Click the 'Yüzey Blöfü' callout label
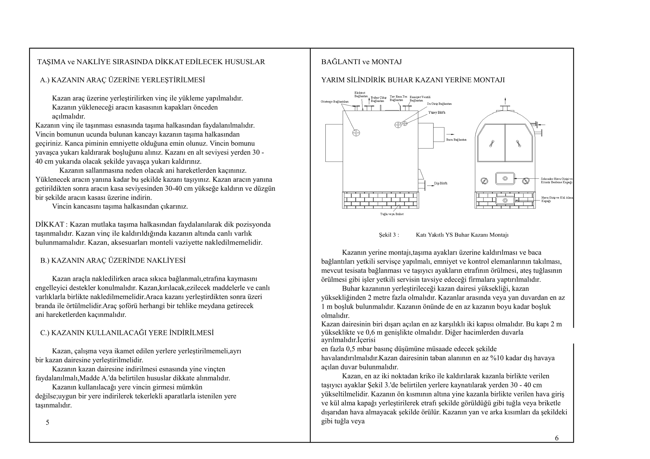(x=437, y=112)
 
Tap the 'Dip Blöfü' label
(x=441, y=183)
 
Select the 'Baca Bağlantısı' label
(x=456, y=140)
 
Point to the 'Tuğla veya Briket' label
(x=392, y=214)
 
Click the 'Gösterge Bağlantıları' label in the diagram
(x=334, y=102)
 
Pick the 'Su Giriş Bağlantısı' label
(x=439, y=104)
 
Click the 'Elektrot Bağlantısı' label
(x=360, y=94)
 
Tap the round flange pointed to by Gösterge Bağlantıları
(x=356, y=133)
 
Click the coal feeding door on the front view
(x=505, y=179)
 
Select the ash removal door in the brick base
(x=505, y=200)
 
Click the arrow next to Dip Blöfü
(x=430, y=186)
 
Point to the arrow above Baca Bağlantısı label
(x=450, y=134)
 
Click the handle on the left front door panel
(x=492, y=144)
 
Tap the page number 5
(x=48, y=422)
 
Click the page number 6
(x=557, y=438)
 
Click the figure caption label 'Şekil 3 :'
(x=389, y=235)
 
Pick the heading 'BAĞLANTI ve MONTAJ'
(x=361, y=62)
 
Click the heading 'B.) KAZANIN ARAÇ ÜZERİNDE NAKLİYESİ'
(x=113, y=260)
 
